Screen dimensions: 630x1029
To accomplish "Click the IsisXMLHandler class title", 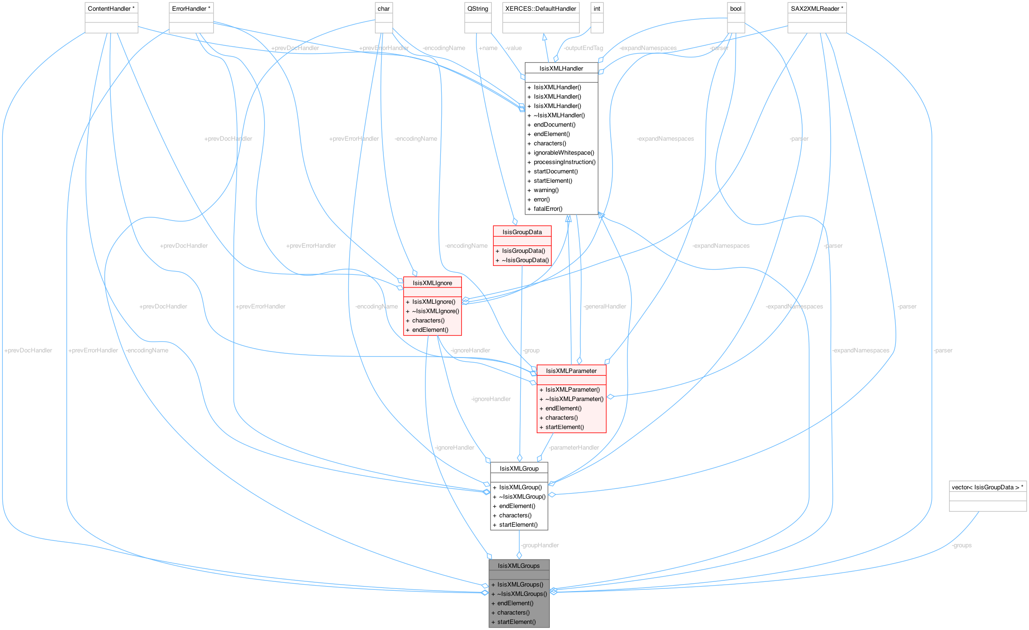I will pyautogui.click(x=561, y=68).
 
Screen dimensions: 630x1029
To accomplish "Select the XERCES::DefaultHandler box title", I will pyautogui.click(x=540, y=8).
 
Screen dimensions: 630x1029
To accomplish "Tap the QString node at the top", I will pyautogui.click(x=477, y=8).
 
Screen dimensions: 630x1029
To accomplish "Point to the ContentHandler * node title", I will pyautogui.click(x=111, y=8).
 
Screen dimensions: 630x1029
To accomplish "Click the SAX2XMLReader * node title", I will pyautogui.click(x=817, y=8).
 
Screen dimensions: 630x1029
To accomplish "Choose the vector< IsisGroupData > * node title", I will pyautogui.click(x=987, y=487).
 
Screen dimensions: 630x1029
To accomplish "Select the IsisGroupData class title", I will pyautogui.click(x=522, y=232).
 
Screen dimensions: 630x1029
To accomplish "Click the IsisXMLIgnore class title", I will pyautogui.click(x=432, y=283).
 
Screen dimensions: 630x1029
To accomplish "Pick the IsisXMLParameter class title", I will pyautogui.click(x=571, y=371).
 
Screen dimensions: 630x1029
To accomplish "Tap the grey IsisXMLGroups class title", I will pyautogui.click(x=518, y=566).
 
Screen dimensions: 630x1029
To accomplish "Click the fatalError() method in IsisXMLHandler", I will pyautogui.click(x=548, y=208).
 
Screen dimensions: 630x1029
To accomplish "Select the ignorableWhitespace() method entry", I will pyautogui.click(x=564, y=152).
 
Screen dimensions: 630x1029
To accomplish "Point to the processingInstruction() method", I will pyautogui.click(x=564, y=162).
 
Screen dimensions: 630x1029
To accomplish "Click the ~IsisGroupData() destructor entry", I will pyautogui.click(x=525, y=260).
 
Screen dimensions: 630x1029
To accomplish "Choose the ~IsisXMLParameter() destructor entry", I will pyautogui.click(x=574, y=399).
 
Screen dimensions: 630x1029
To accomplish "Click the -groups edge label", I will pyautogui.click(x=962, y=545).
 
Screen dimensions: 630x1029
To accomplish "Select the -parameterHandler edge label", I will pyautogui.click(x=574, y=447).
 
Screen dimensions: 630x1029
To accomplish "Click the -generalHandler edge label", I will pyautogui.click(x=604, y=306).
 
